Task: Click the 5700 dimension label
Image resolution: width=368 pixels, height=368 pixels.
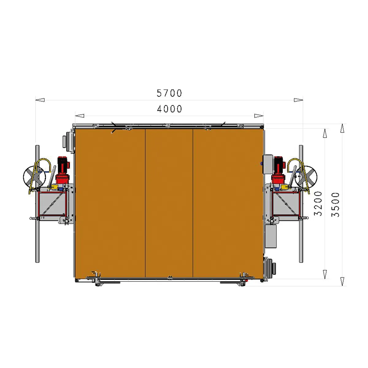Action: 169,93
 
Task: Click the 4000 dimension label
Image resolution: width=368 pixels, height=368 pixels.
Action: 169,109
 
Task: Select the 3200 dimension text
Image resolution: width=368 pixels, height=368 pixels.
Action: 318,204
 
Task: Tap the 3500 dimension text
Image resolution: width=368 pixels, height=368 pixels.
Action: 335,205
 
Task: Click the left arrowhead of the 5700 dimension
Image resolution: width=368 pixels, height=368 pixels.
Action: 40,100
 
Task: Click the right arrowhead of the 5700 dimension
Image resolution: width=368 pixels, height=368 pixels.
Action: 298,100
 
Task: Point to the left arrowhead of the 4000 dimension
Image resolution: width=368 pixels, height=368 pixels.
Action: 80,116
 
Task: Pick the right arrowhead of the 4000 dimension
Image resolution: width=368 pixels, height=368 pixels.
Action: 259,116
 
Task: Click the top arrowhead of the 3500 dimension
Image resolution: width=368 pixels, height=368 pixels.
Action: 343,128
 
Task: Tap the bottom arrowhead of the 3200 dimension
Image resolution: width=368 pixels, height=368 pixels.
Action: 325,274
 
